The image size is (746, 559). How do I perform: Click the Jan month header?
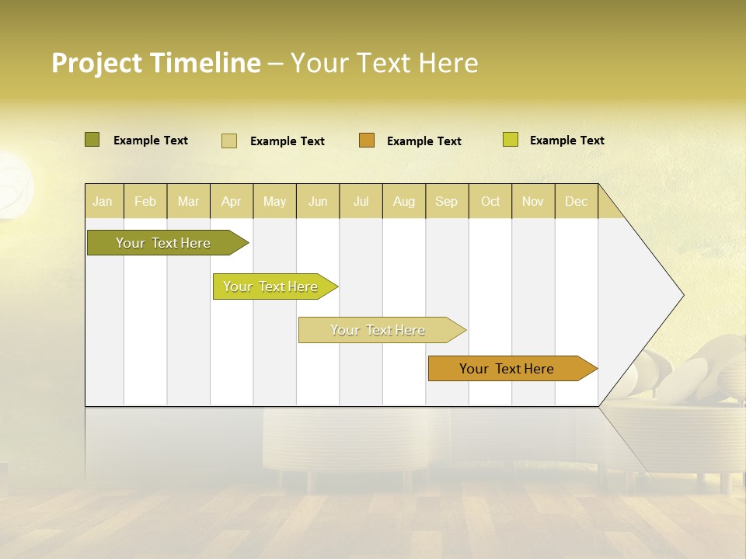coord(103,201)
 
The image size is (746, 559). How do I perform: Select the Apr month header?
coord(232,201)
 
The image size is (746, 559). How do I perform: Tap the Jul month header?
coord(361,201)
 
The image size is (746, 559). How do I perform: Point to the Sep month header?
coord(447,201)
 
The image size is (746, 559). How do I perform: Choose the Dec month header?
coord(577,201)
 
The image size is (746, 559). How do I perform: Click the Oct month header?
coord(490,201)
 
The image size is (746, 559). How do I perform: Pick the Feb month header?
coord(145,201)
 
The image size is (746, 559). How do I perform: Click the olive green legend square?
coord(92,140)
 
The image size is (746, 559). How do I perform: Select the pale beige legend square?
coord(228,141)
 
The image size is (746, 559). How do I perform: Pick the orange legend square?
coord(367,141)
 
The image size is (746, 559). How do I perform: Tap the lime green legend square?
coord(510,140)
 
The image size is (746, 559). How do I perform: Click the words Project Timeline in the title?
coord(155,63)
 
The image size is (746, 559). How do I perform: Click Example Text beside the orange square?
coord(424,141)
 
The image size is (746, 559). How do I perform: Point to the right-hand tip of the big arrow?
coord(682,295)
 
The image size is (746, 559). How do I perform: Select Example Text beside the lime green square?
coord(567,141)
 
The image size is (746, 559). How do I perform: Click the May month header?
coord(274,201)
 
